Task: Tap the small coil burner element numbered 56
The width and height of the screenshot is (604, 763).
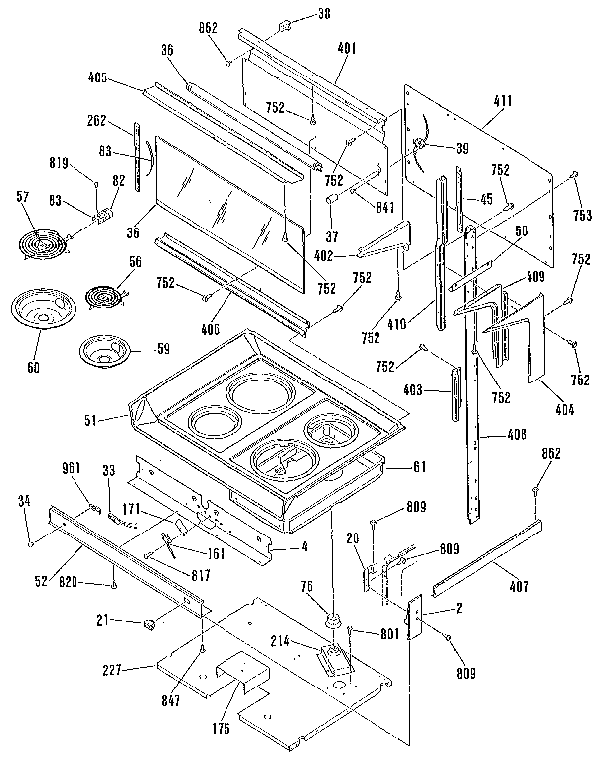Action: point(101,295)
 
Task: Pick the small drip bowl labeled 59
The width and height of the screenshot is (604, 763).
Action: point(100,350)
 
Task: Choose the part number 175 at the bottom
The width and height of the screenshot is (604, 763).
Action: point(220,729)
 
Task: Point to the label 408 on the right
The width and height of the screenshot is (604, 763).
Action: point(518,434)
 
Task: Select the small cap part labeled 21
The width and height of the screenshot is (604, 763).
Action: point(150,624)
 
